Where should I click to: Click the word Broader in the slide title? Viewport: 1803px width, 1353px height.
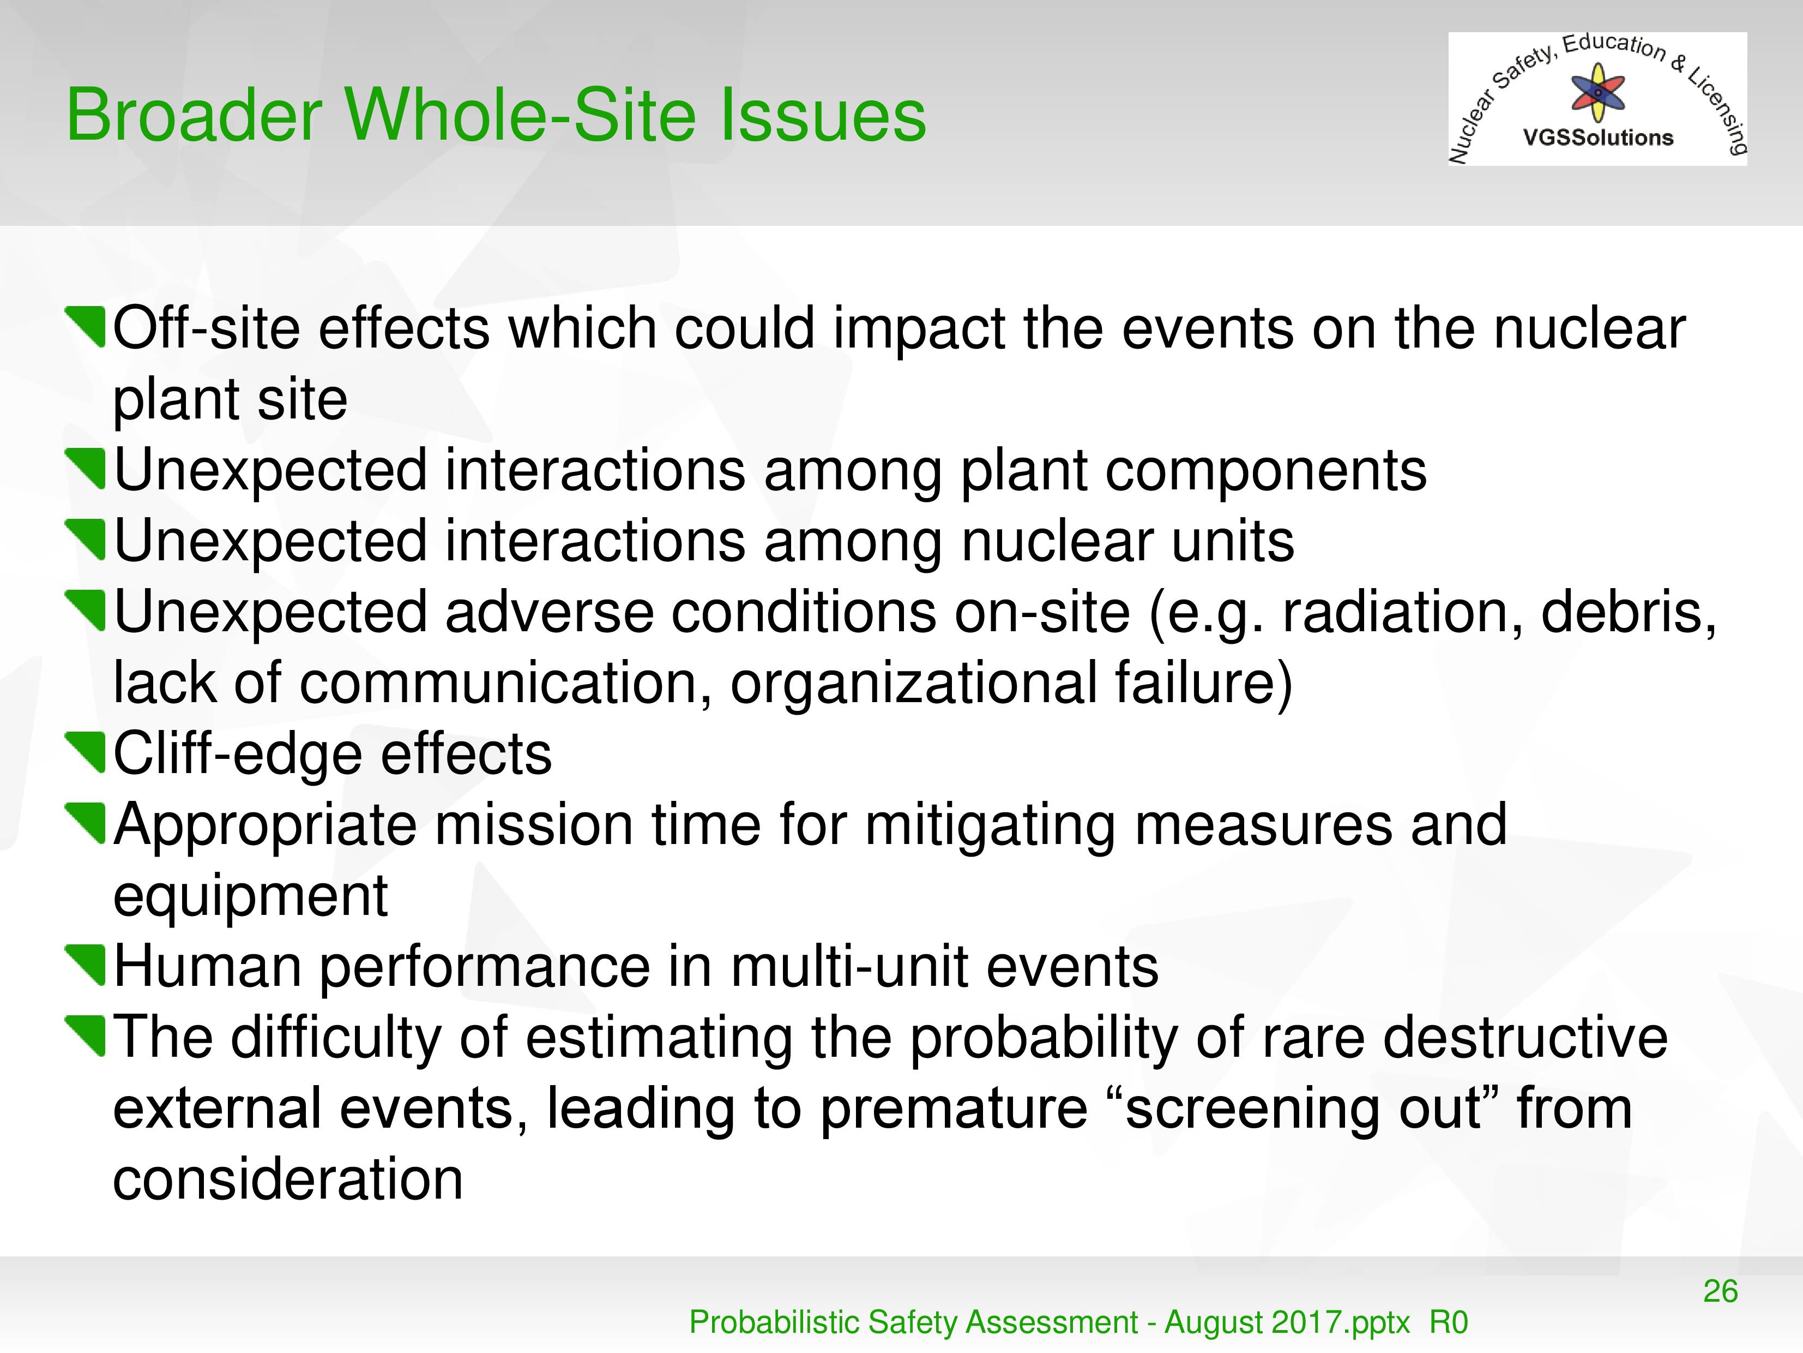(x=195, y=115)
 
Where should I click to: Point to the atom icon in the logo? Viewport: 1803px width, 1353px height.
(x=1597, y=93)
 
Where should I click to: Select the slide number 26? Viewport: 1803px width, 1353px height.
(x=1720, y=1291)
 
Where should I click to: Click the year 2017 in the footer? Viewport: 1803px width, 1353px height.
(x=1316, y=1322)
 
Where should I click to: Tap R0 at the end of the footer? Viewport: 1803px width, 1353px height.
(x=1449, y=1322)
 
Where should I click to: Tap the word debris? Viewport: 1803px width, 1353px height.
(x=1628, y=612)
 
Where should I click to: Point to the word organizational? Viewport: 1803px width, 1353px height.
(x=913, y=684)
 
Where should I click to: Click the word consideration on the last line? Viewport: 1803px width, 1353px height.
(x=288, y=1180)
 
